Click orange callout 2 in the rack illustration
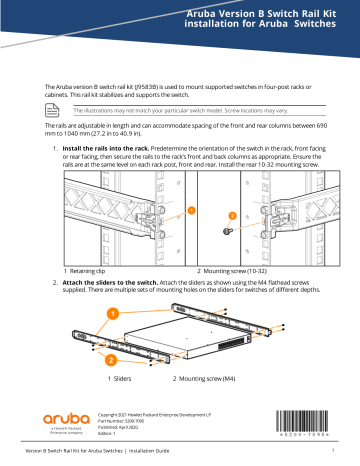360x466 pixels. (233, 216)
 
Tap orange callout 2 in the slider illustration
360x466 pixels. (112, 357)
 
